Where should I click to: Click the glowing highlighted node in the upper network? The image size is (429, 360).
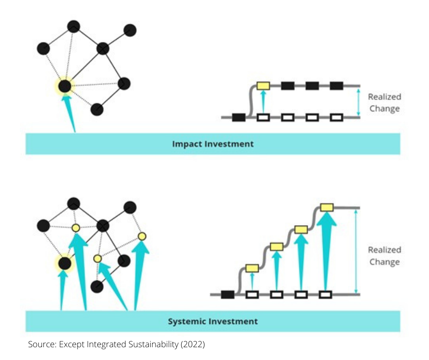(65, 86)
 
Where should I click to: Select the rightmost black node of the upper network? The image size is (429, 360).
(130, 30)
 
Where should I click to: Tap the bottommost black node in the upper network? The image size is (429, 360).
(97, 109)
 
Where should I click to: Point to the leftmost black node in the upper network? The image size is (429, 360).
(43, 48)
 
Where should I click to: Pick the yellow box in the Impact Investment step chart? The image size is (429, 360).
(263, 85)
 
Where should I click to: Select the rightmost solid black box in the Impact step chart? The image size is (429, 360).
(336, 85)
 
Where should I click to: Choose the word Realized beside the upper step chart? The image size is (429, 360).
(384, 97)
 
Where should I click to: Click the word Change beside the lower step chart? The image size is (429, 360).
(384, 262)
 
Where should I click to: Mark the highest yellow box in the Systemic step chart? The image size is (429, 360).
(326, 207)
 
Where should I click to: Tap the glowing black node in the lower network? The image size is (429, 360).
(64, 263)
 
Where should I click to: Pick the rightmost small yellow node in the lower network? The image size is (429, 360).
(142, 236)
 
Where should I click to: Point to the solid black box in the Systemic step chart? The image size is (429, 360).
(228, 295)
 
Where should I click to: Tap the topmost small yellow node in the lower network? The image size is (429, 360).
(76, 228)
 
